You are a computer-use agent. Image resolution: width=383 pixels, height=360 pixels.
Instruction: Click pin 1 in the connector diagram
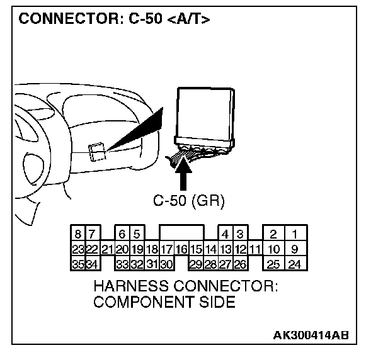point(294,234)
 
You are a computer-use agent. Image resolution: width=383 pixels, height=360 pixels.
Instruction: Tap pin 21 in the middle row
point(106,249)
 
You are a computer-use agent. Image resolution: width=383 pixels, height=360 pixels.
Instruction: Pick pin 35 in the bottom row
point(77,264)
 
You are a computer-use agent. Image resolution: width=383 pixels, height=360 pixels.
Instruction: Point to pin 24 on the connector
point(294,264)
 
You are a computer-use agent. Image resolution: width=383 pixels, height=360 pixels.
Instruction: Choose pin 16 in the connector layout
point(181,249)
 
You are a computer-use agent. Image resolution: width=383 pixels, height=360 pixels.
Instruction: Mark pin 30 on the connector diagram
point(167,264)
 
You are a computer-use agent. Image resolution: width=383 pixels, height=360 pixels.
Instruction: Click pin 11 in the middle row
point(254,249)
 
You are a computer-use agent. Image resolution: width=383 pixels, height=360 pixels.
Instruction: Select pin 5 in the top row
point(137,234)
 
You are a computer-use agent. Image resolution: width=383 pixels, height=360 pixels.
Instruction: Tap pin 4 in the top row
point(226,234)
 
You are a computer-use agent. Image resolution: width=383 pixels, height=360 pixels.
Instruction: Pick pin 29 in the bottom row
point(196,264)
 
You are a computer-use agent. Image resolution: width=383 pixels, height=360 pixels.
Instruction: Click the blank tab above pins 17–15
point(181,233)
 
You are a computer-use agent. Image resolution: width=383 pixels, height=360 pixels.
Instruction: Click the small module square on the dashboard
point(97,152)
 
